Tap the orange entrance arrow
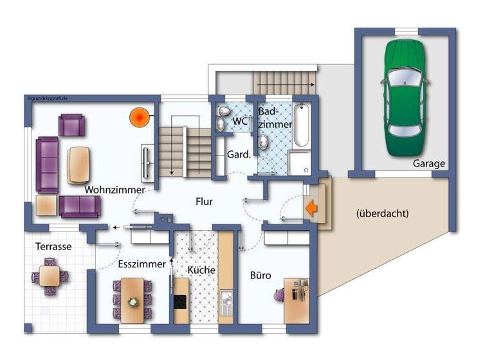(313, 208)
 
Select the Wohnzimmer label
(113, 190)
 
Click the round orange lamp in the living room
(138, 117)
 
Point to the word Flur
(204, 201)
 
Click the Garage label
(429, 164)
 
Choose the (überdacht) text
(382, 213)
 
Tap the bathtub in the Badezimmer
(302, 125)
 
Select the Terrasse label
(53, 246)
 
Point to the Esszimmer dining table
(133, 299)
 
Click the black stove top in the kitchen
(179, 300)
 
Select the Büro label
(261, 276)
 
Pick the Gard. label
(239, 154)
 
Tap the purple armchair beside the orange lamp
(71, 125)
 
